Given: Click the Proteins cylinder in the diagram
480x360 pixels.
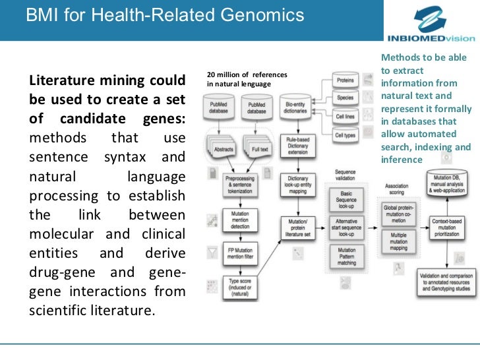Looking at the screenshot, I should click(345, 80).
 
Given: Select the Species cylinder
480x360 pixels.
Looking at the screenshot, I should click(345, 98).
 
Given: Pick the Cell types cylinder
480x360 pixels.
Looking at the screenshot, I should click(345, 135).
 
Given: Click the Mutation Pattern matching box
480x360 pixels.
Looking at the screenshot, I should click(346, 256).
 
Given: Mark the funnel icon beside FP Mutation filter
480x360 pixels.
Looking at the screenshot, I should click(212, 253).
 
